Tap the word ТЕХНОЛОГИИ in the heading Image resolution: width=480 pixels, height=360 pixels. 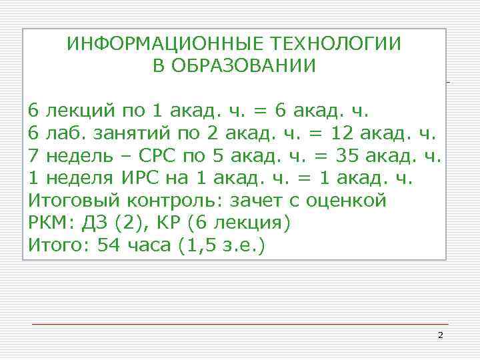tap(337, 44)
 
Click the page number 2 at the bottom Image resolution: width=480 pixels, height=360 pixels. tap(440, 335)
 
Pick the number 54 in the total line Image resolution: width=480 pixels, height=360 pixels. tap(109, 246)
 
